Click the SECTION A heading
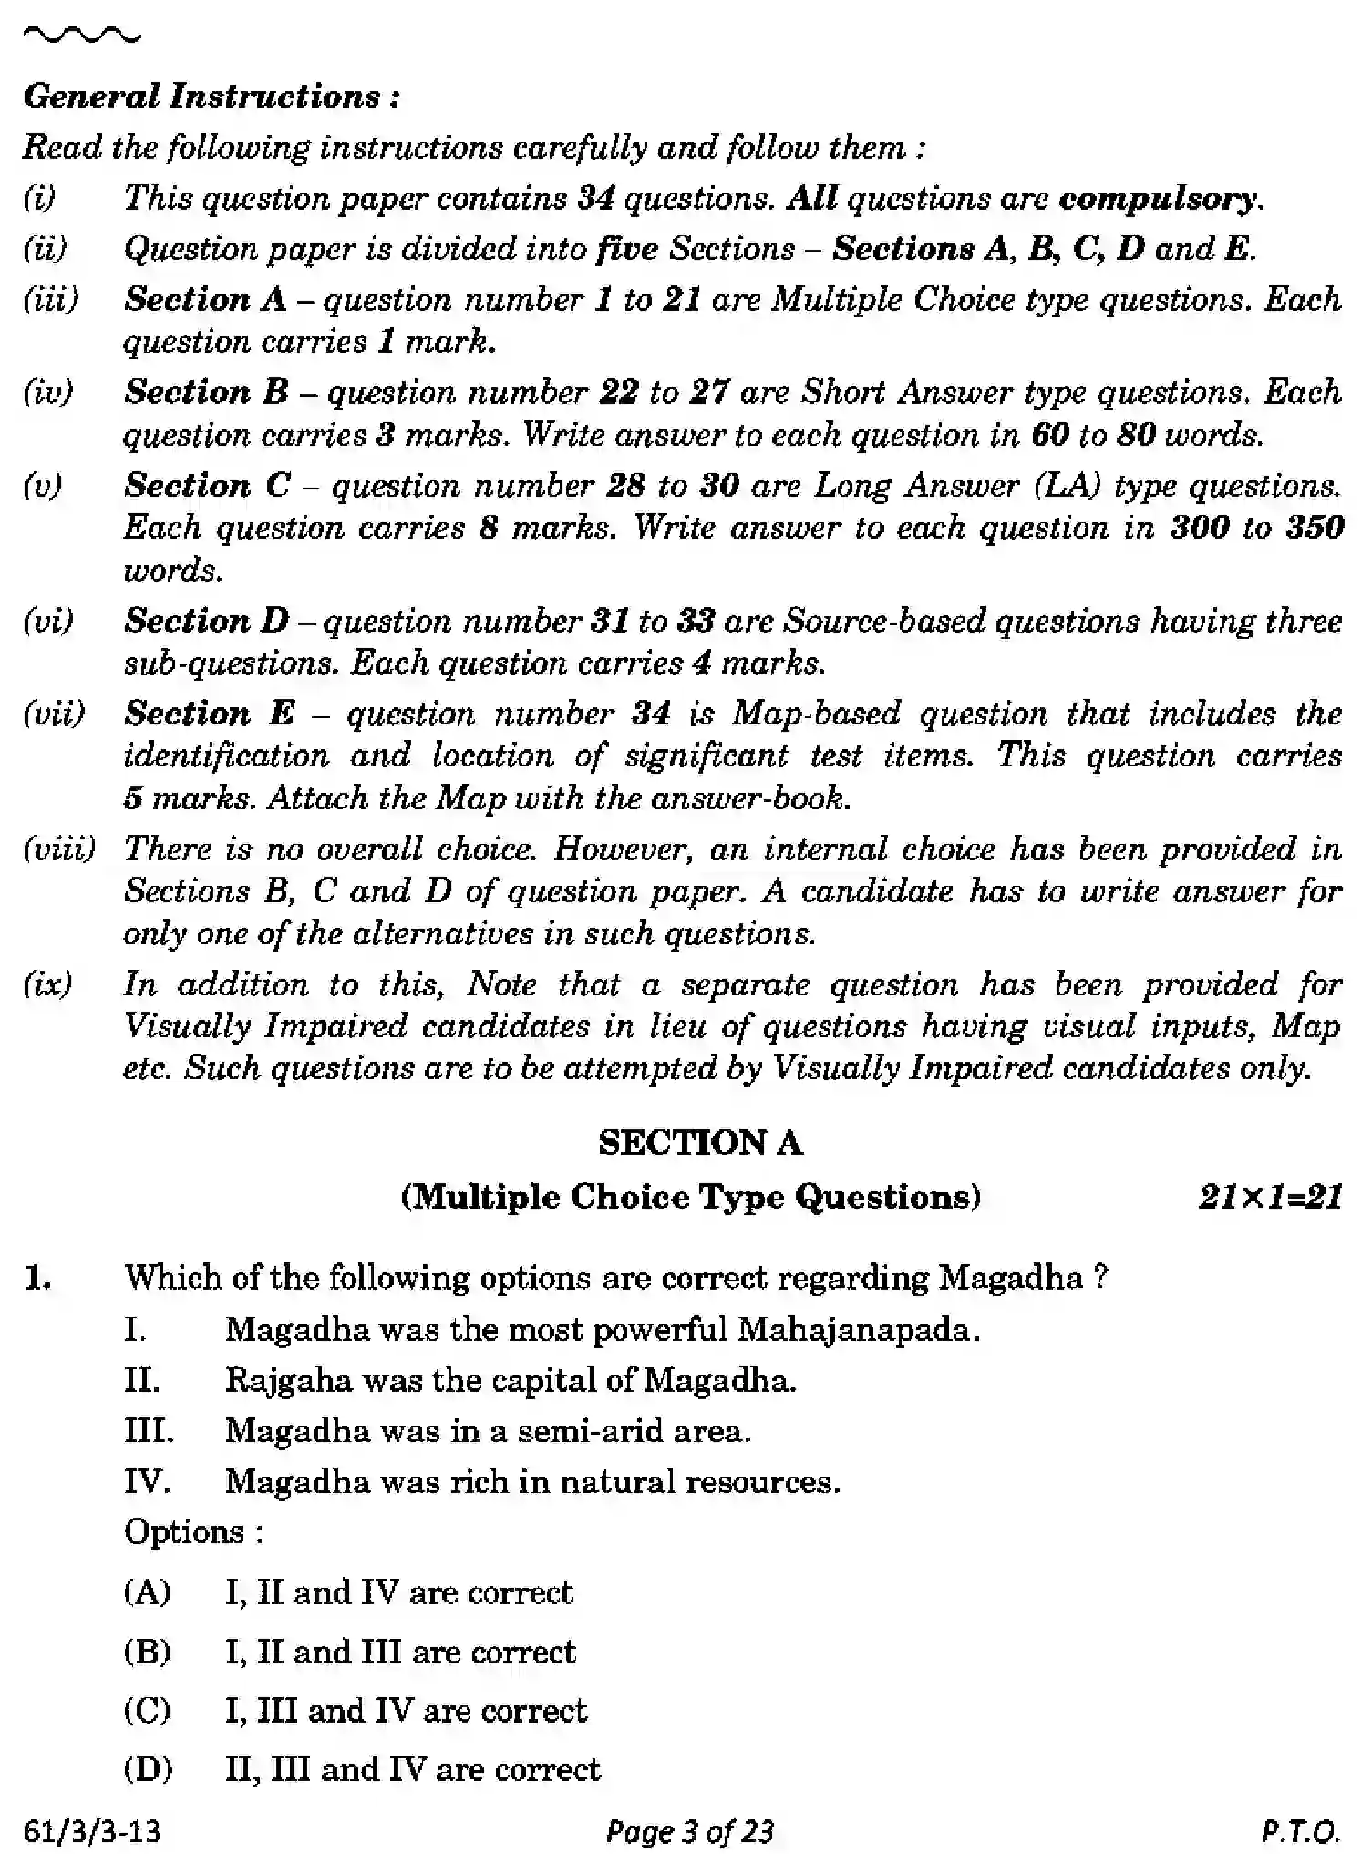point(700,1142)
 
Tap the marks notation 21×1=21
point(1270,1196)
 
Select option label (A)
point(147,1591)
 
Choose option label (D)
point(148,1768)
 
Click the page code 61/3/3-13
point(92,1830)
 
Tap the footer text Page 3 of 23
point(690,1830)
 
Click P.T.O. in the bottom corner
point(1301,1830)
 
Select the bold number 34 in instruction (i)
point(596,198)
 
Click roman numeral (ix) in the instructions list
point(47,984)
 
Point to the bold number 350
point(1315,527)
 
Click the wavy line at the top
point(82,36)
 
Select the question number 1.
point(37,1278)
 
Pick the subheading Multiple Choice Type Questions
point(691,1196)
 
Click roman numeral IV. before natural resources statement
point(147,1481)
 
